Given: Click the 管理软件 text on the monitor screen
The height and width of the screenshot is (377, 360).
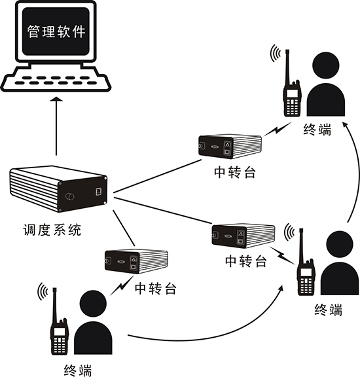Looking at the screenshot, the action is (56, 31).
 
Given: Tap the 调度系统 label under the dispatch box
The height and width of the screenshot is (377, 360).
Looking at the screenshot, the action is (52, 230).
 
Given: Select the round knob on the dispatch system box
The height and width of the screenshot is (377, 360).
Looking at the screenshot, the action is (70, 196).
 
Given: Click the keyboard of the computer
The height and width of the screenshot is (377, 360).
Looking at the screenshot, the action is (56, 79).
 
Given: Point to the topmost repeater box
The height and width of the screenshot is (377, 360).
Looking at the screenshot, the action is (230, 146).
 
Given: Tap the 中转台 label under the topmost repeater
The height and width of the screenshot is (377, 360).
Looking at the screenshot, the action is (235, 172).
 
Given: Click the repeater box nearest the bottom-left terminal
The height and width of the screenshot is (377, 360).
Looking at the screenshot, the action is (136, 261).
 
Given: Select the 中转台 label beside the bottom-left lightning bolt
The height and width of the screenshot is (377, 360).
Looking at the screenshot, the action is (156, 289).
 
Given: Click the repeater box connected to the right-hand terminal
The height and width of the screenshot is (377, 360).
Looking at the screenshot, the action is (243, 236).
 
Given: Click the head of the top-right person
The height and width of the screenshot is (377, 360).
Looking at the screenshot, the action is (325, 65).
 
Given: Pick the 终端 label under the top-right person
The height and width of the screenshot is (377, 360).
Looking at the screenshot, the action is (317, 130).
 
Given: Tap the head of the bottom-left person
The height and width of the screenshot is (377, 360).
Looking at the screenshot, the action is (92, 304).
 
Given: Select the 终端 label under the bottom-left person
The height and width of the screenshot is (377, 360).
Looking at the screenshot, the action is (78, 370).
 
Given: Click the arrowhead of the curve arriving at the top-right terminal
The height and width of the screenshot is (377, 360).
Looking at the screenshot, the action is (346, 125).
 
